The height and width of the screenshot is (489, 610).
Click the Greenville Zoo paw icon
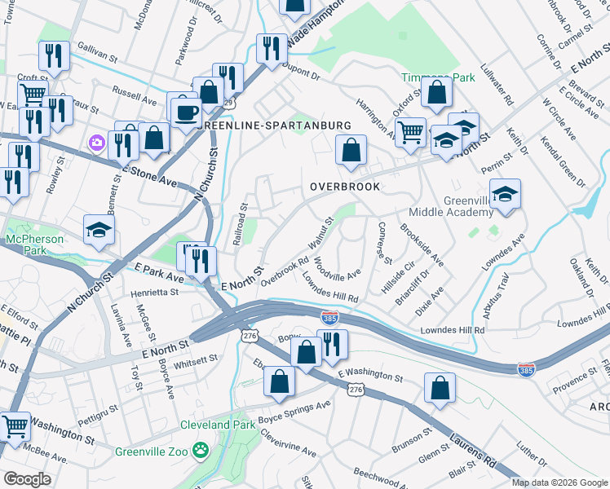(x=200, y=450)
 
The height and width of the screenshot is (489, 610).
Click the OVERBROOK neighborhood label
(x=345, y=187)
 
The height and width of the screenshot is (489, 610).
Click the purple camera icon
(x=98, y=143)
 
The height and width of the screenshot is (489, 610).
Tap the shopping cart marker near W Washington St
(x=15, y=427)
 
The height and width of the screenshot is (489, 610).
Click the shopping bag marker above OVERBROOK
(x=351, y=151)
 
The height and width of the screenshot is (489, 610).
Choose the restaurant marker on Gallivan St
(x=54, y=55)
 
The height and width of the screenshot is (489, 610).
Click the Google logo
(x=28, y=479)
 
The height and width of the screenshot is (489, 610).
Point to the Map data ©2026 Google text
(x=559, y=482)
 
